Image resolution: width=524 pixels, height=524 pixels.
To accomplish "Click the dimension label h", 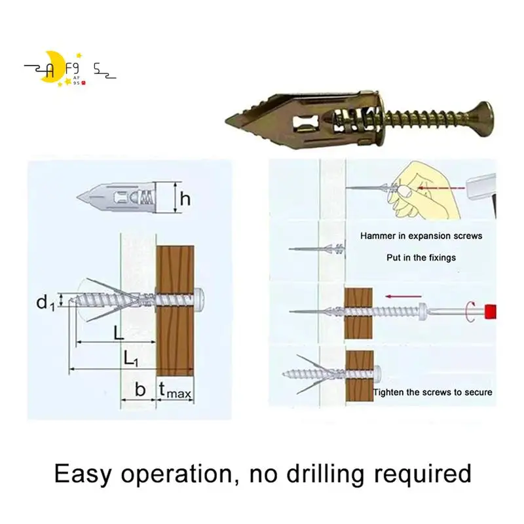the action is tap(185, 198).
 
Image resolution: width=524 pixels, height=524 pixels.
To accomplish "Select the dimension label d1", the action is tap(45, 303).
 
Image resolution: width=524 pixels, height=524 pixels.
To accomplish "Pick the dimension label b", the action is tap(140, 390).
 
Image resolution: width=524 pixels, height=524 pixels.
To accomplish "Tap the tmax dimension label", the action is tap(175, 390).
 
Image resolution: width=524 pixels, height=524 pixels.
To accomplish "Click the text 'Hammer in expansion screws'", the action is tap(421, 236).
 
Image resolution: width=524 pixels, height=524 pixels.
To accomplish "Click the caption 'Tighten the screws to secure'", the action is tap(433, 393).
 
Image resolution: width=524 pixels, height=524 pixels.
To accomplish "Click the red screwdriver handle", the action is tap(491, 309).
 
